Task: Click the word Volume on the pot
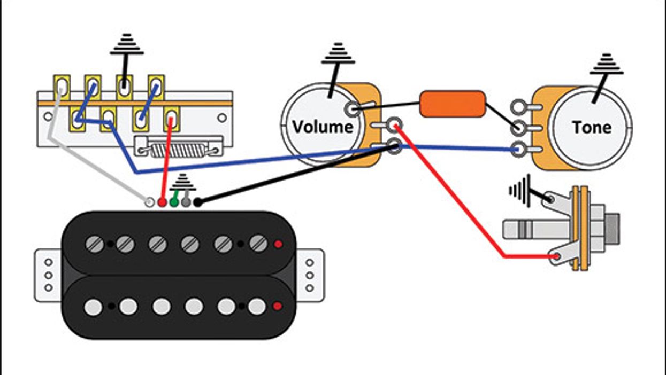point(322,127)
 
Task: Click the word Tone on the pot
point(591,127)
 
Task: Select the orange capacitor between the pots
point(453,104)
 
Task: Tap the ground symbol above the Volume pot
point(338,54)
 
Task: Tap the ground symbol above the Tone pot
point(607,64)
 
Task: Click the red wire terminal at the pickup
point(162,202)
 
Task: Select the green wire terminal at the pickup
point(174,202)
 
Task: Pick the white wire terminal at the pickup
point(150,202)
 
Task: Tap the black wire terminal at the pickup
point(197,202)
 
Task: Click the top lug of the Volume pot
point(351,109)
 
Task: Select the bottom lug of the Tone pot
point(517,150)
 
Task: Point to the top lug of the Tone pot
point(517,107)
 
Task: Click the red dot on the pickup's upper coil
point(278,244)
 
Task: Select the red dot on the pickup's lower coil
point(277,306)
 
